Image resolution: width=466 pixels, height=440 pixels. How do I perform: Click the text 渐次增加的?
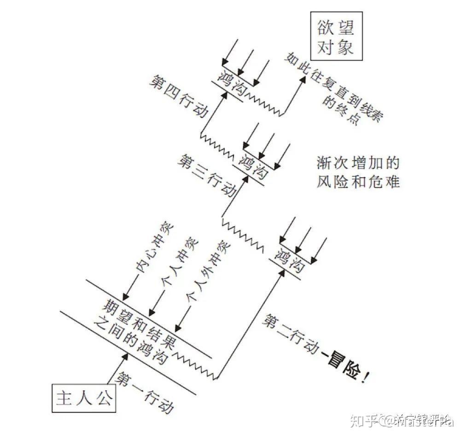point(358,163)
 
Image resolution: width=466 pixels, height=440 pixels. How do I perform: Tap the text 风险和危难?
point(358,182)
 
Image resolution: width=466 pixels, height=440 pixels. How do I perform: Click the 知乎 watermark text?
point(363,420)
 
